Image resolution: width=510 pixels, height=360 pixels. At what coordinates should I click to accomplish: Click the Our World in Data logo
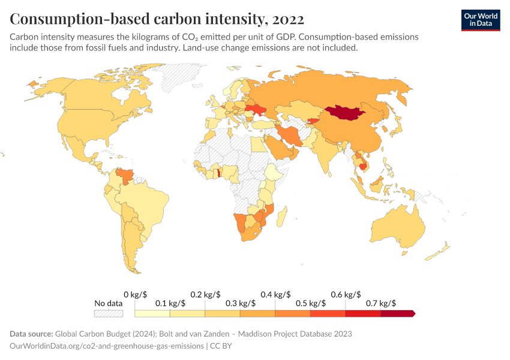pos(480,20)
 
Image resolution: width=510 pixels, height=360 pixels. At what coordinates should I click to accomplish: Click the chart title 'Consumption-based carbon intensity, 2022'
pos(157,19)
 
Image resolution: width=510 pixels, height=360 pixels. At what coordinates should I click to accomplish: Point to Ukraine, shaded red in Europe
pos(257,110)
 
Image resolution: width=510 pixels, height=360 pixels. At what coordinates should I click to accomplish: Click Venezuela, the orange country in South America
pos(125,176)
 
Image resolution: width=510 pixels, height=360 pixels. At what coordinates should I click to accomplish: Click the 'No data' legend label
pos(108,303)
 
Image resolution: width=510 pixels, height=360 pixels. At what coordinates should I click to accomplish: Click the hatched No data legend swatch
pos(108,313)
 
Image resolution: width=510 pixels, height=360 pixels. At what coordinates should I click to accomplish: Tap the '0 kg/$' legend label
pos(135,294)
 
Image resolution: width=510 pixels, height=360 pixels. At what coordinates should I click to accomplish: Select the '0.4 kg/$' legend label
pos(275,294)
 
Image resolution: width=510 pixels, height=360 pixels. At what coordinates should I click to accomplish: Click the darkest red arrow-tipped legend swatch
pos(397,313)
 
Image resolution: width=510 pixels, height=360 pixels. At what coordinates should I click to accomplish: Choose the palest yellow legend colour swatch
pos(152,313)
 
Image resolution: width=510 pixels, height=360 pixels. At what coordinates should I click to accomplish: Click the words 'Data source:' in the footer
pos(31,334)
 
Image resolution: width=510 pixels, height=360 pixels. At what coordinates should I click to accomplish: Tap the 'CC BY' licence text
pos(221,346)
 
